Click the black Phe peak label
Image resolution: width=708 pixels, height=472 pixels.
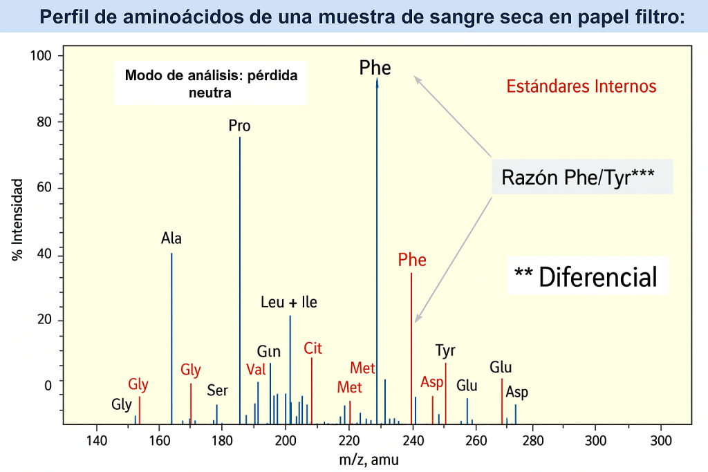click(x=375, y=68)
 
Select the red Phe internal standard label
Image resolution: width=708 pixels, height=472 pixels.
click(x=412, y=261)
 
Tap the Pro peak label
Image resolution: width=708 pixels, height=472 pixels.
click(x=239, y=126)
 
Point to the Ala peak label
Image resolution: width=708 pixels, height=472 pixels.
click(x=171, y=239)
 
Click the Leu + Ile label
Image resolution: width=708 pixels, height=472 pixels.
click(x=289, y=303)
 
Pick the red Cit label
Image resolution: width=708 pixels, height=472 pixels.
click(x=313, y=348)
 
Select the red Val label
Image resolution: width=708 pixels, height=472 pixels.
click(x=256, y=369)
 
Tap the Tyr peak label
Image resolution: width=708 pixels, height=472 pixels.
click(x=445, y=351)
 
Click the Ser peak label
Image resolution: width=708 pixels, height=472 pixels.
click(x=217, y=391)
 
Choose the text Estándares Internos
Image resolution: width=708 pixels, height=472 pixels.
click(x=581, y=87)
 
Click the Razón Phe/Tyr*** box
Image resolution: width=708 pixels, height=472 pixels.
click(x=582, y=177)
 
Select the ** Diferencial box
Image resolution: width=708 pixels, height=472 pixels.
click(x=586, y=277)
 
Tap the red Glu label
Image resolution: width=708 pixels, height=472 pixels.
click(x=501, y=367)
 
